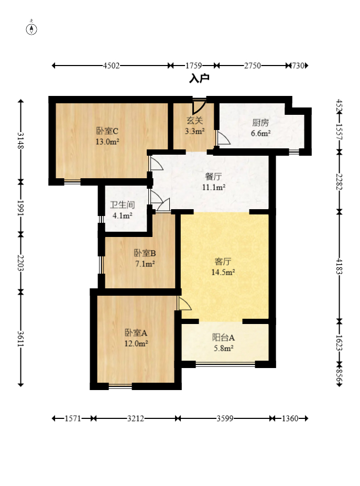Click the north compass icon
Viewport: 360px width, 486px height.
pyautogui.click(x=32, y=28)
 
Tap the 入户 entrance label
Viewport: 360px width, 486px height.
pyautogui.click(x=199, y=79)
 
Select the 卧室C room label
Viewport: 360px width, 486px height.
pyautogui.click(x=107, y=131)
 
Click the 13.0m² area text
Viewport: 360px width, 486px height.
pyautogui.click(x=107, y=142)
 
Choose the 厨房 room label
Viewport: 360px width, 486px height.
pyautogui.click(x=260, y=123)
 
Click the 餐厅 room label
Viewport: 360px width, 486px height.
pyautogui.click(x=213, y=177)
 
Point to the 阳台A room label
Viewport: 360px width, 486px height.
pyautogui.click(x=223, y=338)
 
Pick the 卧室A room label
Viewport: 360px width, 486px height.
pyautogui.click(x=136, y=333)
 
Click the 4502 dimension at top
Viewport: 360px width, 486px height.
pyautogui.click(x=111, y=66)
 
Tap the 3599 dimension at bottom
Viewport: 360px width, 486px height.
pyautogui.click(x=225, y=419)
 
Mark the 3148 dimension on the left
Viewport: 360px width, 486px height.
pyautogui.click(x=20, y=141)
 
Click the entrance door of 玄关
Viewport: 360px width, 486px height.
pyautogui.click(x=199, y=106)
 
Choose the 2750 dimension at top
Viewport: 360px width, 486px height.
pyautogui.click(x=253, y=66)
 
